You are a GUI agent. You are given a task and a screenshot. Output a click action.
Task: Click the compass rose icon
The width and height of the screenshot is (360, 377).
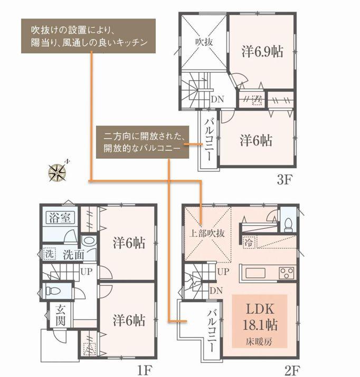(x=56, y=171)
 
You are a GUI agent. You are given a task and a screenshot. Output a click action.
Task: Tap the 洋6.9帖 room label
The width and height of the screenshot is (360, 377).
(x=261, y=52)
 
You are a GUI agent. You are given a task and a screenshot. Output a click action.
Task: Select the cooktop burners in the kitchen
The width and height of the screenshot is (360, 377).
(x=287, y=273)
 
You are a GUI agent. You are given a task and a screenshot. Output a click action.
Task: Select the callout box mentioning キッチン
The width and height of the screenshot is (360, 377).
(x=89, y=35)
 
